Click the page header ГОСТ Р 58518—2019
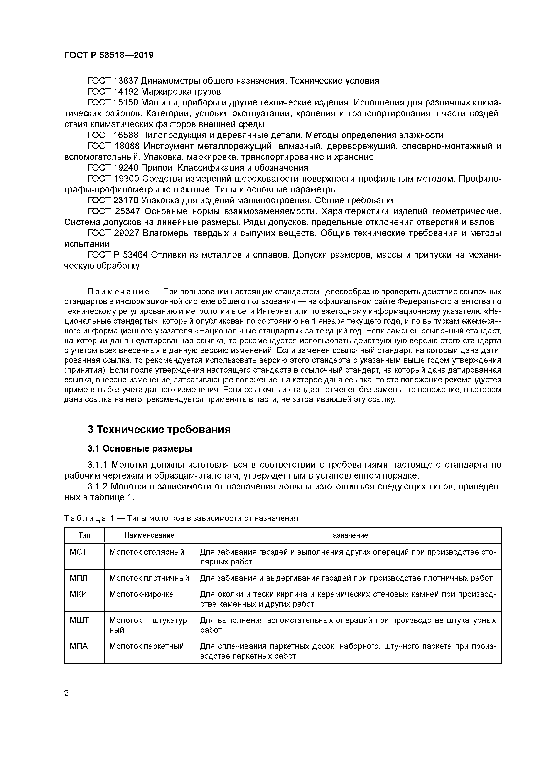pos(109,55)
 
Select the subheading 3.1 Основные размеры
pos(140,449)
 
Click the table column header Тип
pos(84,535)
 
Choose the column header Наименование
pos(149,535)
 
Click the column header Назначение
pos(348,535)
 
